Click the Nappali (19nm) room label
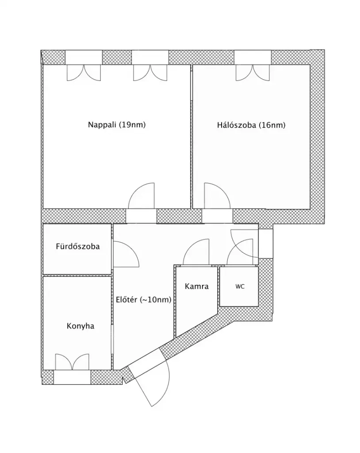[x=117, y=125]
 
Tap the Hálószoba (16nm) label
[x=251, y=125]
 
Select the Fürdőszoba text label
[x=78, y=246]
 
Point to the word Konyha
[x=80, y=326]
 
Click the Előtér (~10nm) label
[x=144, y=299]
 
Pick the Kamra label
[x=197, y=286]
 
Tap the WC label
[x=240, y=287]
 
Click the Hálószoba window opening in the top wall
[x=253, y=57]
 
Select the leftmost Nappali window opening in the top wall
[x=84, y=57]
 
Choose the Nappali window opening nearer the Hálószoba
[x=150, y=57]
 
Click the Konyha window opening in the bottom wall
[x=72, y=377]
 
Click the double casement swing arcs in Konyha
[x=72, y=362]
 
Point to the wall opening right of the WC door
[x=265, y=244]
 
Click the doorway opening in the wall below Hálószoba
[x=217, y=216]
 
